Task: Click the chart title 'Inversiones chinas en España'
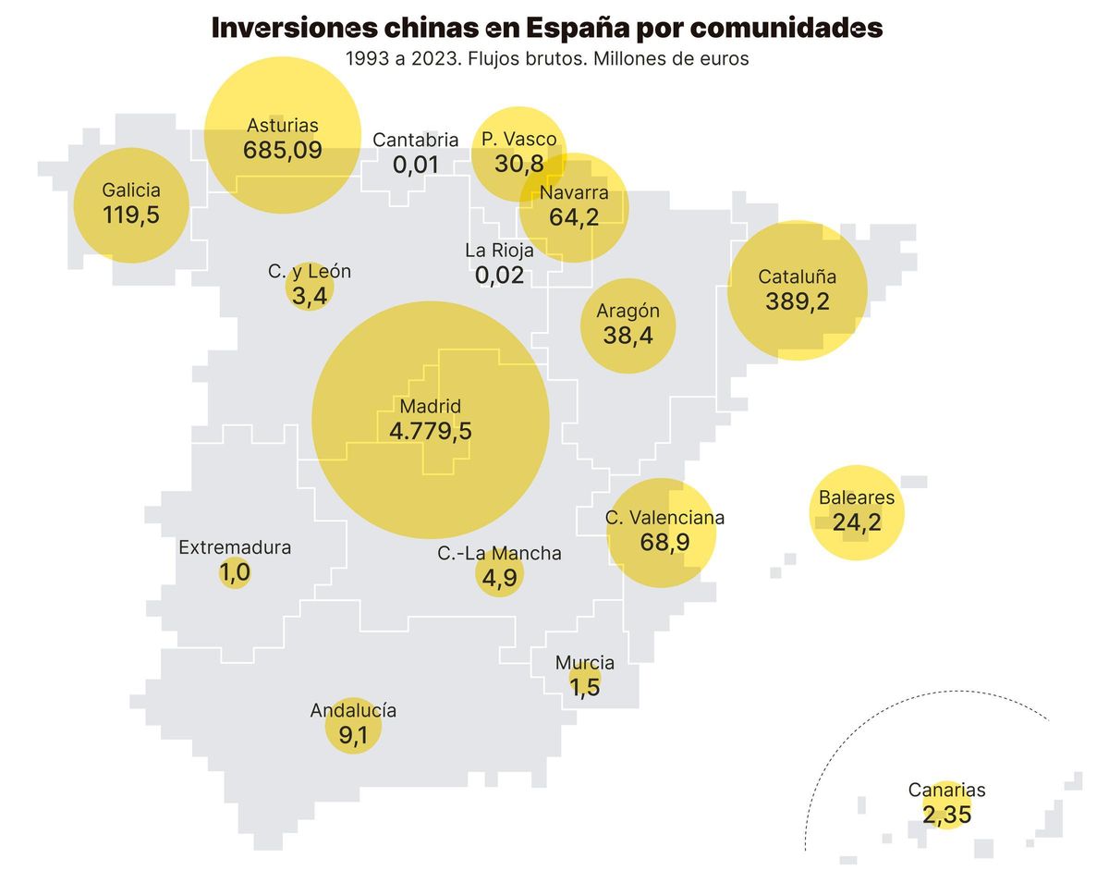point(547,28)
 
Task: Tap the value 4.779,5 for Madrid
point(431,431)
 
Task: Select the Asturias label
point(283,126)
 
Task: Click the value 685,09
point(283,150)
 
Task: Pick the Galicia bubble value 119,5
point(131,215)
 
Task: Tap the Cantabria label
point(416,141)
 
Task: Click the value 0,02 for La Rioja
point(499,275)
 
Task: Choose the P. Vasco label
point(519,140)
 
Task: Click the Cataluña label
point(797,276)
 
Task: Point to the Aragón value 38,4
point(628,336)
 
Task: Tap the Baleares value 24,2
point(857,522)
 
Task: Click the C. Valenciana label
point(664,518)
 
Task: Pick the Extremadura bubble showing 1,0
point(235,572)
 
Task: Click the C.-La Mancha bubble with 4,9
point(499,575)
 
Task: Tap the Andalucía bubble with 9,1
point(353,731)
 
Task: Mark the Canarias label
point(946,791)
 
